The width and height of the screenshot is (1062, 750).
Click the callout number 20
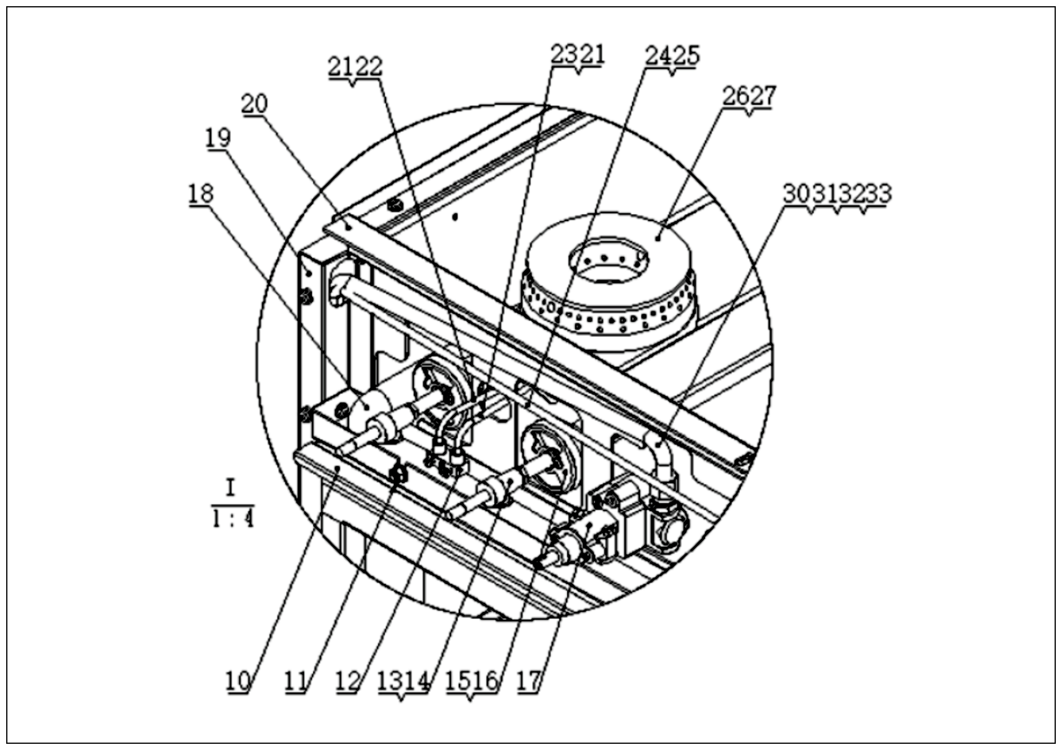pos(254,104)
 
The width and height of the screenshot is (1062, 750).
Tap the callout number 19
pos(218,138)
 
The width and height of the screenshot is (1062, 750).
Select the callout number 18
pos(201,193)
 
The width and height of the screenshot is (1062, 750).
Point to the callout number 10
pos(238,680)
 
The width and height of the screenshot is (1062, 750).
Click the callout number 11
pos(296,680)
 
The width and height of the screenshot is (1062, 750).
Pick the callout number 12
pos(348,680)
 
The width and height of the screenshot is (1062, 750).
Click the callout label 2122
pos(355,67)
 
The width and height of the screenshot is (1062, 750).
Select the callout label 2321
pos(577,55)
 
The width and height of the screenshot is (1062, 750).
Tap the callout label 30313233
pos(837,194)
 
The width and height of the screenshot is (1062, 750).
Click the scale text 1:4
pos(233,520)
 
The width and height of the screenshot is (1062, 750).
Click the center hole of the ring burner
pos(609,270)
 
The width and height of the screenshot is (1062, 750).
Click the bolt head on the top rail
pos(395,204)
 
